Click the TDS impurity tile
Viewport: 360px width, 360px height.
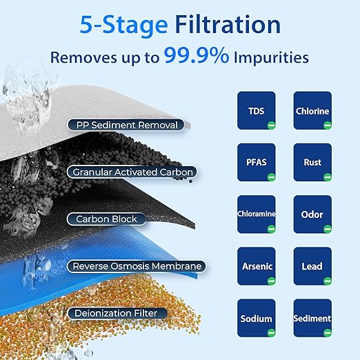257,110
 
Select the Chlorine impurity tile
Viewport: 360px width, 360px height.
312,110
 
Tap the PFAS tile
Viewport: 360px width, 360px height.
257,162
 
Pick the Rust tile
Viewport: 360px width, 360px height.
312,162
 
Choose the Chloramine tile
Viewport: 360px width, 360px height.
257,214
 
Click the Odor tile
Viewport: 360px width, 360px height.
312,214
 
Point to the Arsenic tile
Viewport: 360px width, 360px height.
257,266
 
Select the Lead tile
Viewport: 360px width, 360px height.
312,266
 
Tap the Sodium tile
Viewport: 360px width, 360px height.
257,318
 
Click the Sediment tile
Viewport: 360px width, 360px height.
312,318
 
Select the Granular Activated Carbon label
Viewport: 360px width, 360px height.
131,171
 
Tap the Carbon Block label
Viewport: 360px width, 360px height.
106,219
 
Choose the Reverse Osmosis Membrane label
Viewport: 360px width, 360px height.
136,266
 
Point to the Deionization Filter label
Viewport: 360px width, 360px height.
117,313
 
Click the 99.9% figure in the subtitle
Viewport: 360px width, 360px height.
196,57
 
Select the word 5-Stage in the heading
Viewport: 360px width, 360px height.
123,25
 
